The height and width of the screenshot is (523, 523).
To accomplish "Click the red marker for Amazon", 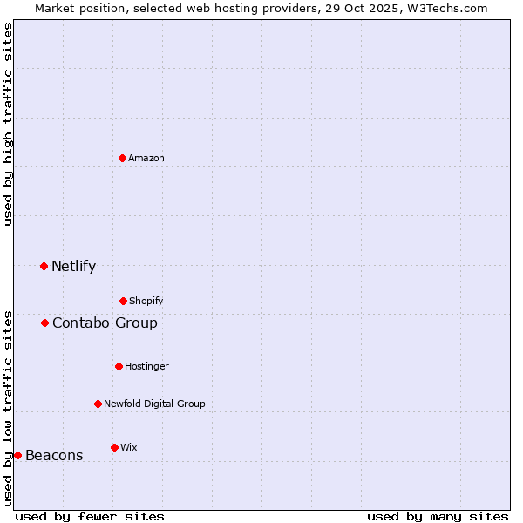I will (x=122, y=158).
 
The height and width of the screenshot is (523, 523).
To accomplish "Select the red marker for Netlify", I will (x=44, y=266).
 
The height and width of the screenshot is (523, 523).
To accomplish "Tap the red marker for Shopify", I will (x=123, y=301).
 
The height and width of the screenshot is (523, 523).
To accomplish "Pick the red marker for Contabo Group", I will (x=44, y=323).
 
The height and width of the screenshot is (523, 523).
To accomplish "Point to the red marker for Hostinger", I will (x=119, y=366).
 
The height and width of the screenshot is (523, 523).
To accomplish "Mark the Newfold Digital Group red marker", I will (x=98, y=404).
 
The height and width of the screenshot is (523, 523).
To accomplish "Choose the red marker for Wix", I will (x=114, y=447).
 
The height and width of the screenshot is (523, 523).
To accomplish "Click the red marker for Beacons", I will (x=17, y=455).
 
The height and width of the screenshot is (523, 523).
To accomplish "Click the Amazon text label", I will (x=146, y=158).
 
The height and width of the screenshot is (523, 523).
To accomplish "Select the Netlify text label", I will (x=73, y=267).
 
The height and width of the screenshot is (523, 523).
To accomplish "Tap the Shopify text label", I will (x=146, y=301).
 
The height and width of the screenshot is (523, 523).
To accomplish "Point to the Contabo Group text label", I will (x=105, y=323).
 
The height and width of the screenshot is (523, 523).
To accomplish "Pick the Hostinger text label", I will (x=146, y=366).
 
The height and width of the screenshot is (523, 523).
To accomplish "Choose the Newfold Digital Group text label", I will (x=154, y=404).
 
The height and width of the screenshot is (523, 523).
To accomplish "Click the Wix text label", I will (x=128, y=447).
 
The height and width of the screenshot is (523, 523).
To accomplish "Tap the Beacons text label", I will (x=54, y=456).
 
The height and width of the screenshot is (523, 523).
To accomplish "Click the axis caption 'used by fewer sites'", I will (x=90, y=516).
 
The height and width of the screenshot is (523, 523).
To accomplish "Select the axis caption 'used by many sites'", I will (x=438, y=516).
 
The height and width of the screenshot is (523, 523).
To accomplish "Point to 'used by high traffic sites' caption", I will (x=8, y=124).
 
